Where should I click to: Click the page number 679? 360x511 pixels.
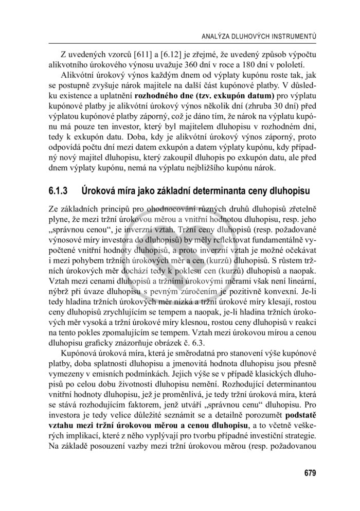[310, 473]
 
